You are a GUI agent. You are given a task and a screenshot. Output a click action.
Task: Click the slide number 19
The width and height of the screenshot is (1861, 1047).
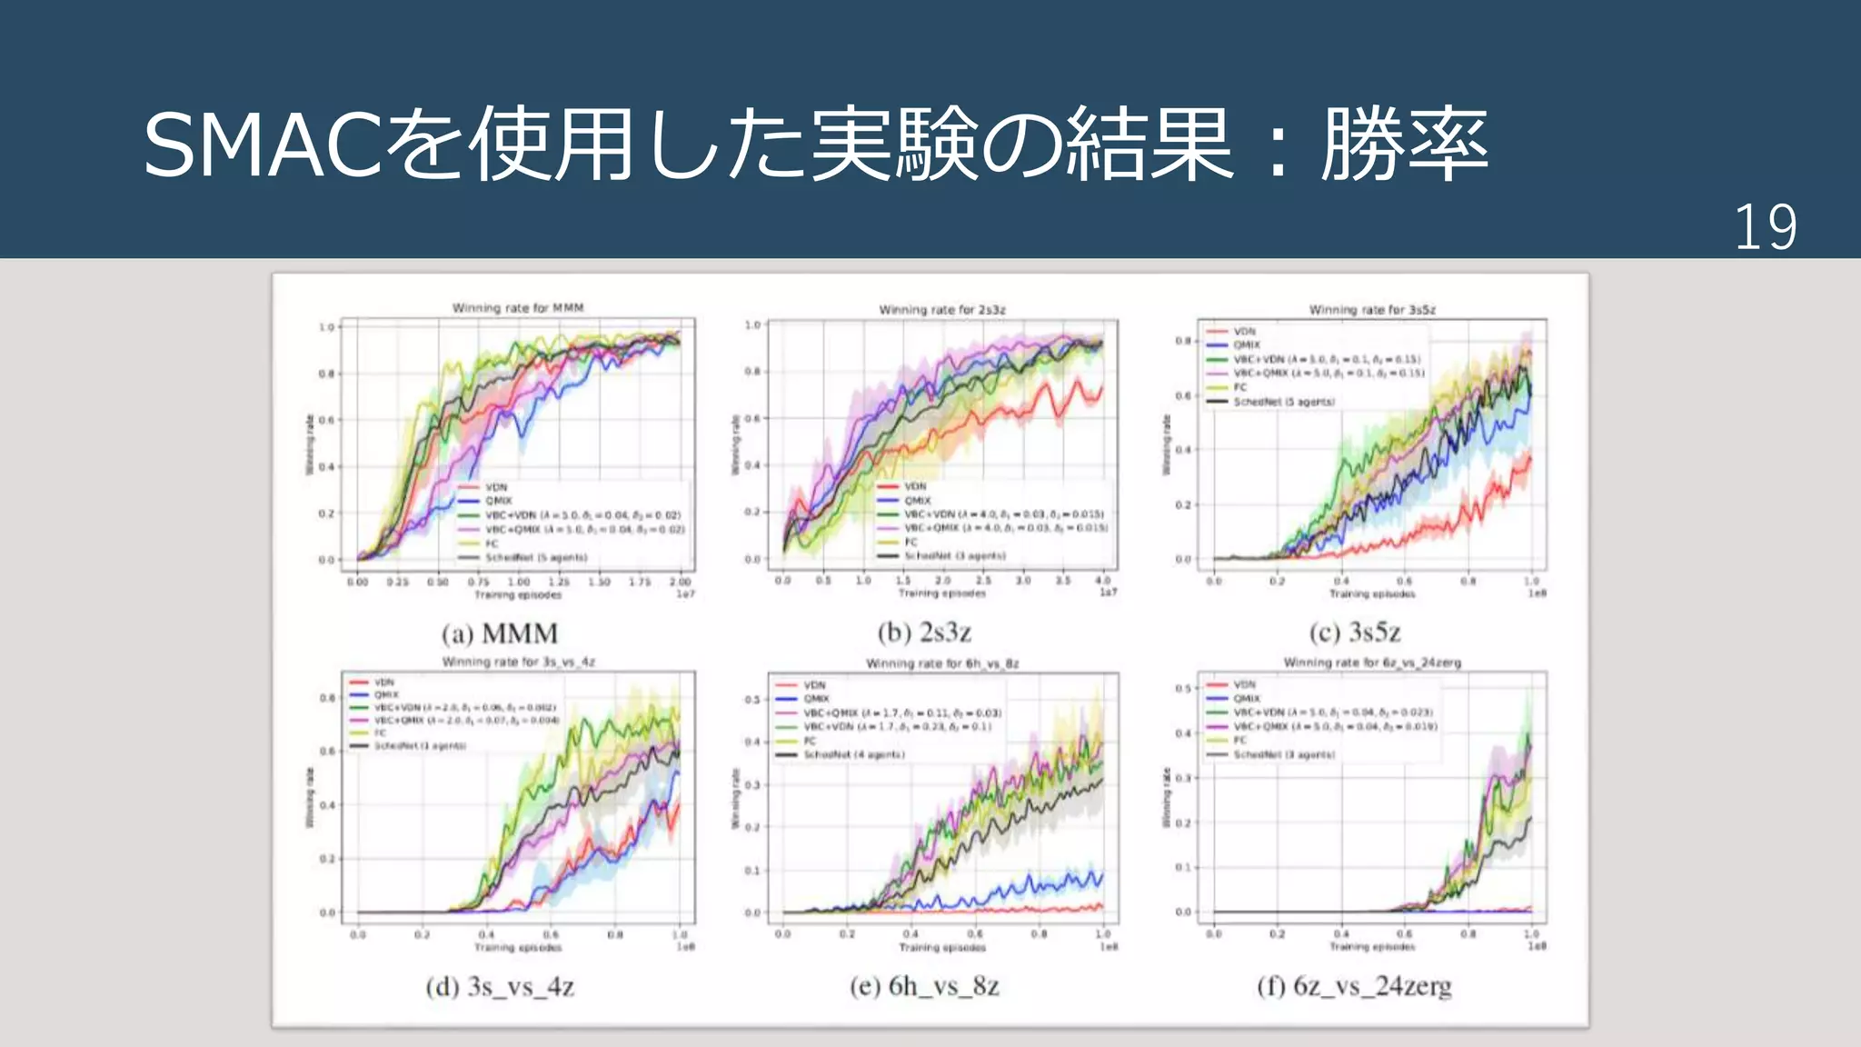click(x=1765, y=227)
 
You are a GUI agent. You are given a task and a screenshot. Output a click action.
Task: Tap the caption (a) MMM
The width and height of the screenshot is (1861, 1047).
click(x=500, y=633)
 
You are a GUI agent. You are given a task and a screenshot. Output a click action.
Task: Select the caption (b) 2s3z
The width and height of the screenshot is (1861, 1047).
click(x=924, y=632)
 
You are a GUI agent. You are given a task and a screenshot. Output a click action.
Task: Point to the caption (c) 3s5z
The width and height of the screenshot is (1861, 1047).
click(x=1355, y=632)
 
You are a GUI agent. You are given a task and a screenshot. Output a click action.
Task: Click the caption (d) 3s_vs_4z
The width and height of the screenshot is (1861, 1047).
click(x=500, y=986)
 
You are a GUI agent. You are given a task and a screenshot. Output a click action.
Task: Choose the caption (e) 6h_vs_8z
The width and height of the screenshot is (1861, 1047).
click(x=924, y=986)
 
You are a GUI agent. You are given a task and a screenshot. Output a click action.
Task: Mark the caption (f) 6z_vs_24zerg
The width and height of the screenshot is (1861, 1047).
click(x=1354, y=986)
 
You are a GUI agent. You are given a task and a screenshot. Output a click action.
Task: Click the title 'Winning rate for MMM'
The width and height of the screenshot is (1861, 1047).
click(x=518, y=308)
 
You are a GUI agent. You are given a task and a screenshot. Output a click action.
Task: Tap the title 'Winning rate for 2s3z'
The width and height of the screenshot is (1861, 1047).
click(x=942, y=310)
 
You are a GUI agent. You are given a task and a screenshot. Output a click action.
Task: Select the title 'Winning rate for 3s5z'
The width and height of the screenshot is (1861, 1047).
click(x=1372, y=310)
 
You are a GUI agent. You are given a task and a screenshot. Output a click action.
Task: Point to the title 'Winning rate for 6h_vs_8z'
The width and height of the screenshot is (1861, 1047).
click(x=942, y=663)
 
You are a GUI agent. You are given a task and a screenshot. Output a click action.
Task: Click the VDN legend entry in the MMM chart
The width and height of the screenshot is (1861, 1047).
click(x=495, y=487)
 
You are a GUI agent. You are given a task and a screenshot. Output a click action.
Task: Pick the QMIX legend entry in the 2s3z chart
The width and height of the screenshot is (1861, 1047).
click(x=917, y=500)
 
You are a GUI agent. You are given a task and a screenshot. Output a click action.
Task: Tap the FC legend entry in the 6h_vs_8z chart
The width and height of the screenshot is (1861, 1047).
click(x=810, y=741)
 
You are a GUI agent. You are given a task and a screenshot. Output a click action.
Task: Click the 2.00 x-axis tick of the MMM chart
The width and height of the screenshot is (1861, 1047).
click(x=680, y=582)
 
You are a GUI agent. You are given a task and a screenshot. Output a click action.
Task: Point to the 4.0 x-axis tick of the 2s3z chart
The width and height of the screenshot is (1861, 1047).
click(x=1102, y=580)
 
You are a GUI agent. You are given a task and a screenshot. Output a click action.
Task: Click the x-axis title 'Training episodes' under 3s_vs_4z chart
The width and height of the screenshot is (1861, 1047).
click(x=518, y=947)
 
